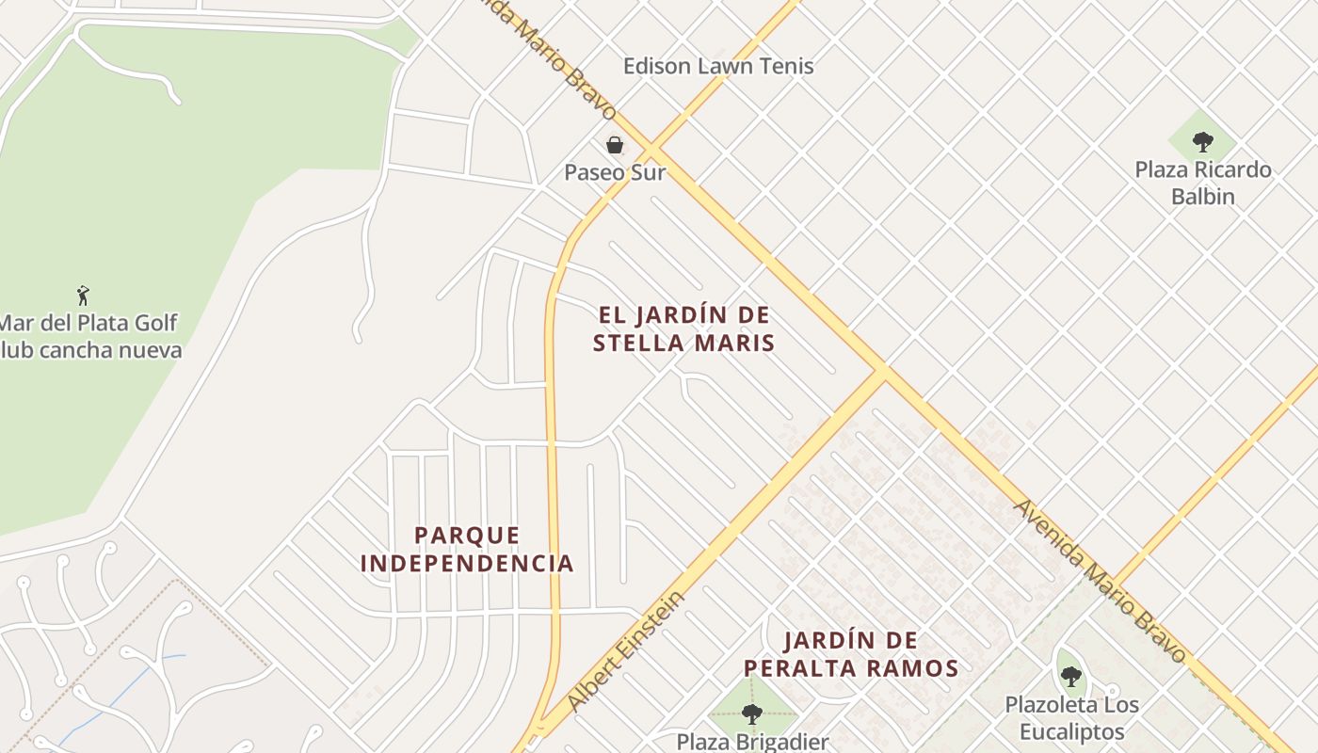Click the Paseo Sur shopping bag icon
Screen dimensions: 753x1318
pos(615,145)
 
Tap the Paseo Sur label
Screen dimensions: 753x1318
pos(615,173)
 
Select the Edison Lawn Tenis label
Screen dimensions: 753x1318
pos(719,66)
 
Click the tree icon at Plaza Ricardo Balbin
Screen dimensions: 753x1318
pos(1202,142)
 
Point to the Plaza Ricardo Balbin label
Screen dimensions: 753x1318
pos(1202,183)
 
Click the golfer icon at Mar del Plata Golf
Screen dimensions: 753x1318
pos(83,295)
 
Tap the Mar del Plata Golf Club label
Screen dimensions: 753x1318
pos(88,336)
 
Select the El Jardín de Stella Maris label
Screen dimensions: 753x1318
pos(684,328)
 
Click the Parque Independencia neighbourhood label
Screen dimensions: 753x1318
pos(467,550)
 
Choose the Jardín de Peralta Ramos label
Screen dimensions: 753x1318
pos(851,655)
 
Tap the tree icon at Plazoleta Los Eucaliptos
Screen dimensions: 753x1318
pos(1070,676)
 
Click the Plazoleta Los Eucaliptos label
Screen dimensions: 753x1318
pos(1071,718)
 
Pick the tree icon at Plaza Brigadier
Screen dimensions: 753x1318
pos(751,713)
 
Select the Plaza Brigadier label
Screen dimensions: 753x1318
pos(753,742)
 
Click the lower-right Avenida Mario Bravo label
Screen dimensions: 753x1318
pos(1100,580)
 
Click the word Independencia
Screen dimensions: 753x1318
pos(467,564)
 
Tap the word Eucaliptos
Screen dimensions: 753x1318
pos(1071,732)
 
